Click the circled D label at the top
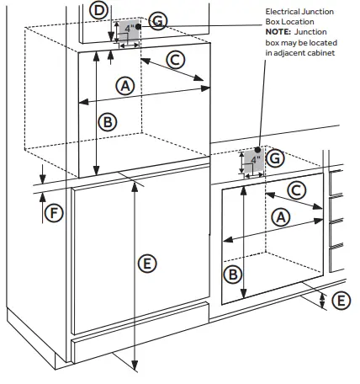pos(100,10)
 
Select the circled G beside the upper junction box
pos(157,20)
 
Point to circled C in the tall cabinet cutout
pos(175,59)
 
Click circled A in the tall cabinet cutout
pos(125,85)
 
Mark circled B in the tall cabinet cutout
pos(107,120)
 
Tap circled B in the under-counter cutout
pos(234,274)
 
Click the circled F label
pos(53,212)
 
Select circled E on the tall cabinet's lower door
pos(146,264)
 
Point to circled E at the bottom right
pos(340,299)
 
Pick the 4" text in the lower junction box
pos(256,158)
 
